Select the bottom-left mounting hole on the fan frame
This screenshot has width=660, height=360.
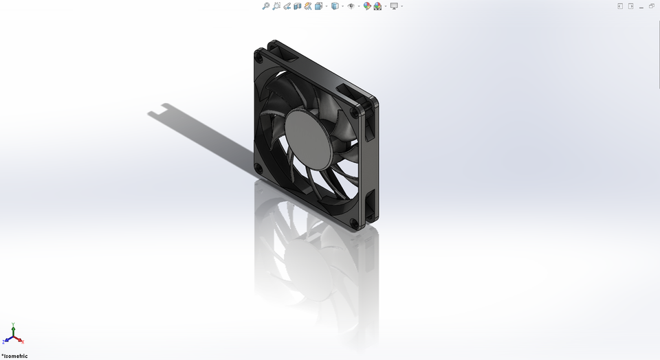[x=258, y=169]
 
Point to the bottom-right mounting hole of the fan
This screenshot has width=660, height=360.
[x=355, y=223]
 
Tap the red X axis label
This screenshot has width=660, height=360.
[x=23, y=341]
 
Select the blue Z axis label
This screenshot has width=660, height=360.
[x=3, y=341]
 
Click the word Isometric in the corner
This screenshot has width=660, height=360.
[x=16, y=356]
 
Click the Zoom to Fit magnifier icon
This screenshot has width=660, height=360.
[x=265, y=6]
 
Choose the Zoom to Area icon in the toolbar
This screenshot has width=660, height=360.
[x=276, y=6]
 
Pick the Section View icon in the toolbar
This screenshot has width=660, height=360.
[x=298, y=6]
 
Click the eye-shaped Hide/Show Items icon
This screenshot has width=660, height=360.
[x=351, y=6]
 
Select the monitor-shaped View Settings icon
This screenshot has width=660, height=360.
[x=394, y=6]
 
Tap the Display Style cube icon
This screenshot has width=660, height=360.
[x=335, y=6]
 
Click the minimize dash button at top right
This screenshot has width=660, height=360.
[x=641, y=6]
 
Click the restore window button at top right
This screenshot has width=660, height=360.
[x=652, y=6]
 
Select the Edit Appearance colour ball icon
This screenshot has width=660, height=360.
[x=367, y=6]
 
